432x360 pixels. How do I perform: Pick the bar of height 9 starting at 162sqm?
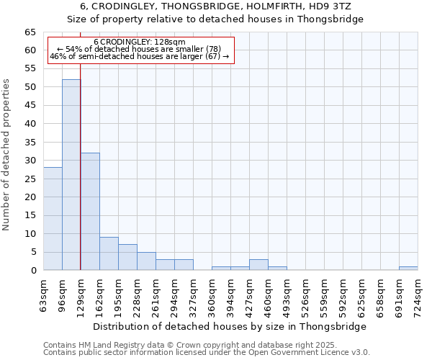[109, 253]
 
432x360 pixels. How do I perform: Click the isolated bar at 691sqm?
[408, 269]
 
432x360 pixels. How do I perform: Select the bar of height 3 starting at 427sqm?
[258, 265]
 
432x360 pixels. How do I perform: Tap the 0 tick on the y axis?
[32, 271]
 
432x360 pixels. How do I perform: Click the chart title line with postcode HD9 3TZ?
[215, 6]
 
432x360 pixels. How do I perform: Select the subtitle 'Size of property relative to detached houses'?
[215, 19]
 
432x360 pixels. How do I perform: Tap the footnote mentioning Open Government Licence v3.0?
[207, 353]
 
